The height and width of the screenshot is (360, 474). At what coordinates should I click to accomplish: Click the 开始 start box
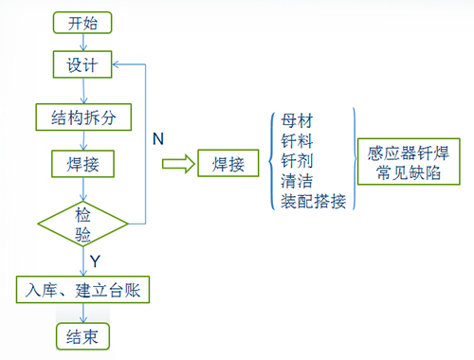[83, 24]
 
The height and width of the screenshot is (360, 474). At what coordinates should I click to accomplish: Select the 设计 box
[83, 66]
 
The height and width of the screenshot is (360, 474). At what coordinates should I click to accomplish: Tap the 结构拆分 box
[83, 117]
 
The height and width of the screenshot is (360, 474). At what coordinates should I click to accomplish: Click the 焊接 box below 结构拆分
[83, 163]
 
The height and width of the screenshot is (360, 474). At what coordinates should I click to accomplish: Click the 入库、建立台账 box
[83, 288]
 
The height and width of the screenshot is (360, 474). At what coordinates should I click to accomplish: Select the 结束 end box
[83, 335]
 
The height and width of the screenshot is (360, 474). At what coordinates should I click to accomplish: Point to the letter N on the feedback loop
[160, 138]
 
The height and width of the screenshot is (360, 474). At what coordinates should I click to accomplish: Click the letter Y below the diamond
[95, 259]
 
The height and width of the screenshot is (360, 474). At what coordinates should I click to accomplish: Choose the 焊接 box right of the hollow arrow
[228, 165]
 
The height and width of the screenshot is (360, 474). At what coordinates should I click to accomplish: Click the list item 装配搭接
[314, 200]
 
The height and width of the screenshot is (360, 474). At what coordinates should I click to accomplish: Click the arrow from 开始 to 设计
[83, 43]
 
